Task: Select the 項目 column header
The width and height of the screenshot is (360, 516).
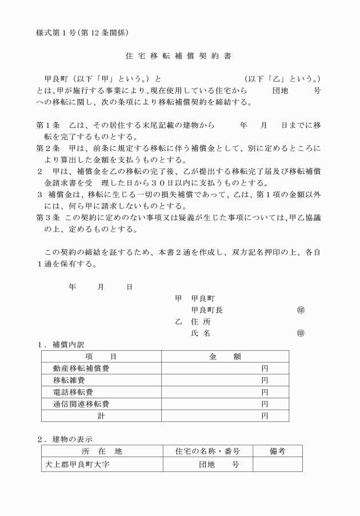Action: (101, 357)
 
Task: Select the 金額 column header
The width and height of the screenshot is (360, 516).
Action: (225, 357)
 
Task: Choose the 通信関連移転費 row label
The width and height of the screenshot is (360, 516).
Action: (81, 405)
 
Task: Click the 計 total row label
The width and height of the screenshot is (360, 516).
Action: (101, 417)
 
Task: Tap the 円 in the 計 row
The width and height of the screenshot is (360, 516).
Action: (265, 417)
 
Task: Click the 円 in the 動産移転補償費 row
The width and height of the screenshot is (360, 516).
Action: (265, 369)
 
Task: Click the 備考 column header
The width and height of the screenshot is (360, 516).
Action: (278, 451)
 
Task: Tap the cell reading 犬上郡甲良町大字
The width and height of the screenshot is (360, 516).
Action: (78, 464)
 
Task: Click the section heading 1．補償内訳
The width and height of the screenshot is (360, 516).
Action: (60, 345)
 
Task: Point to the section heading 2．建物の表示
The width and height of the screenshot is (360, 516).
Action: (64, 439)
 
